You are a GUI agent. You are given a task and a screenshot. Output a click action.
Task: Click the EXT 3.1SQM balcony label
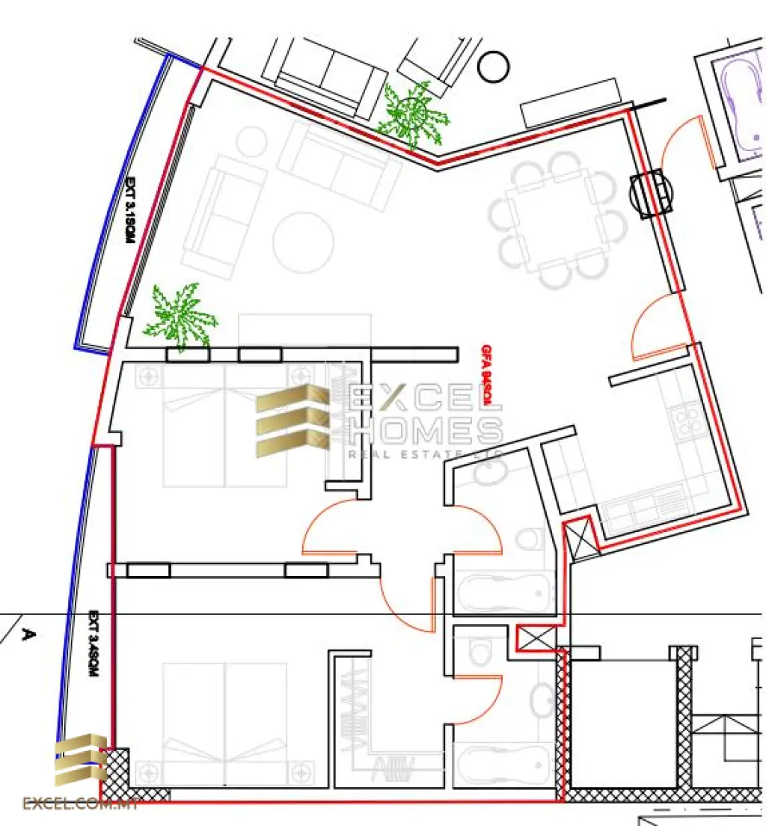pos(129,209)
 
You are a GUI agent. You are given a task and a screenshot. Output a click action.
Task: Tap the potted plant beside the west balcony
pos(178,317)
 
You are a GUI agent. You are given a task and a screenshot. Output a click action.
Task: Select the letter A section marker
pos(28,635)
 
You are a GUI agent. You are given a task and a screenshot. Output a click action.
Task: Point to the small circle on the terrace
pos(494,67)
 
